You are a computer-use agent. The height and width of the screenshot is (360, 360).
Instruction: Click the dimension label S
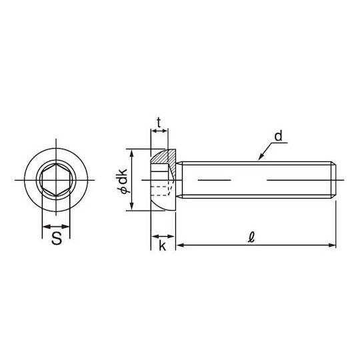point(57,238)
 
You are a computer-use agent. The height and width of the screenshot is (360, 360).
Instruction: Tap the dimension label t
point(159,123)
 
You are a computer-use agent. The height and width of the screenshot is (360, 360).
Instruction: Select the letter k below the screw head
point(162,245)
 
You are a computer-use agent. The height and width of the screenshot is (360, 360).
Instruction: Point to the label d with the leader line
point(278,136)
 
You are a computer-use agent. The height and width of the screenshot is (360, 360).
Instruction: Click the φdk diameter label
point(122,181)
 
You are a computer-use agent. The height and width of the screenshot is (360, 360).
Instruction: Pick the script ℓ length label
point(251,237)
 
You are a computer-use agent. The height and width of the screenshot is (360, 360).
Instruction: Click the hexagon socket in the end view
point(56,180)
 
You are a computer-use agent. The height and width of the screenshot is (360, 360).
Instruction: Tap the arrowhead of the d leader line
point(261,157)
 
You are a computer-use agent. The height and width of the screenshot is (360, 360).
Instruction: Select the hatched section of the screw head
point(165,158)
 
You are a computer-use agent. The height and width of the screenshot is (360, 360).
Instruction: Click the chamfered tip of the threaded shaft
point(334,180)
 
